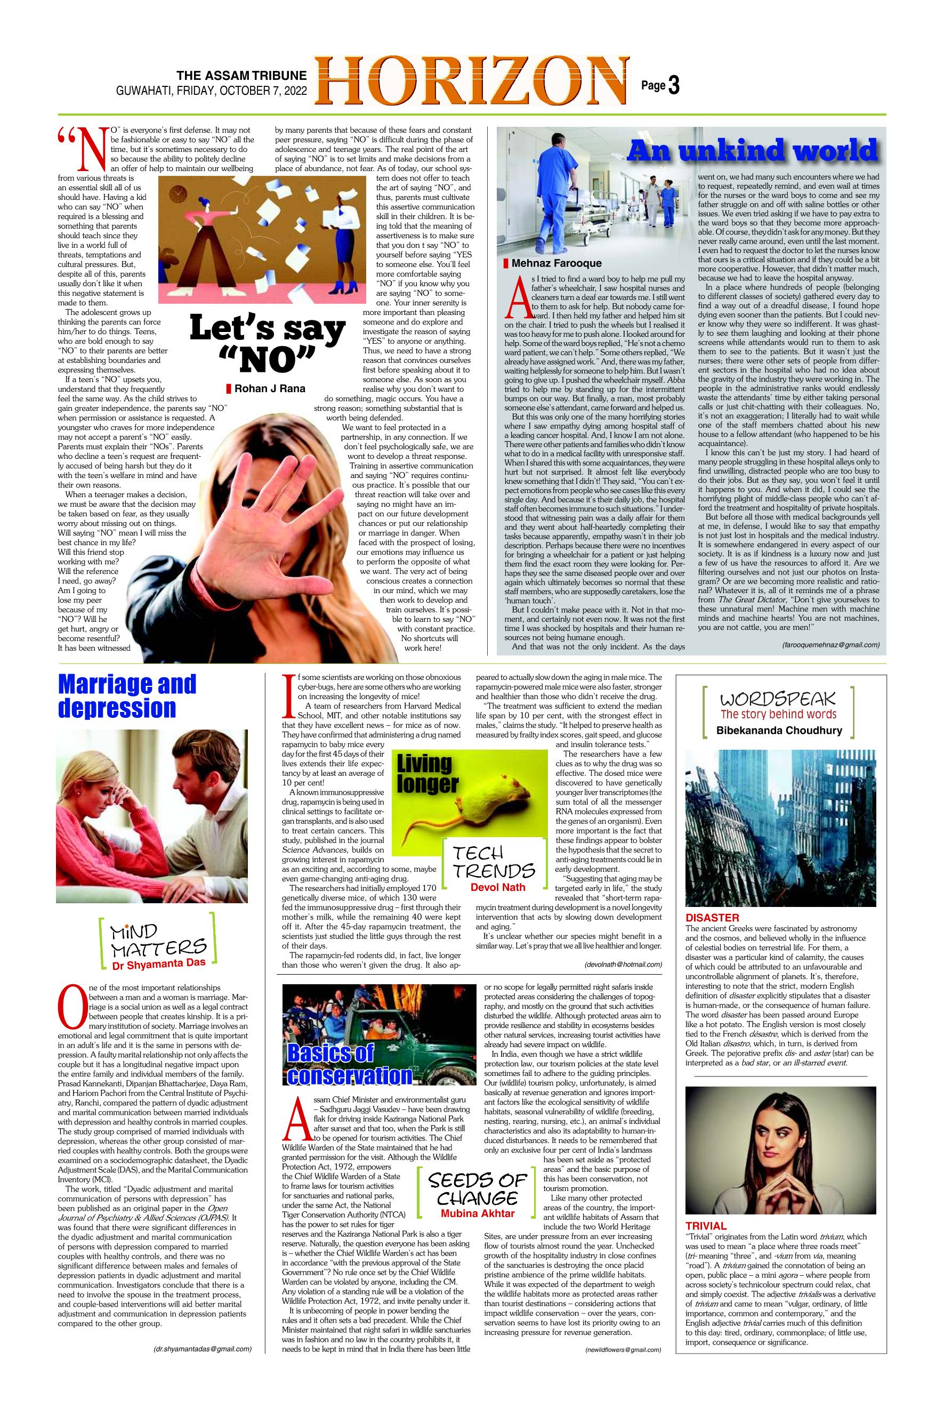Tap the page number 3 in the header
point(674,86)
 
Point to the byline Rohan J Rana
point(270,389)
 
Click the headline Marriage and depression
point(127,696)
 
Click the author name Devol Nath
point(497,887)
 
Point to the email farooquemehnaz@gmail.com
point(831,645)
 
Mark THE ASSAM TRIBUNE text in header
point(241,76)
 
